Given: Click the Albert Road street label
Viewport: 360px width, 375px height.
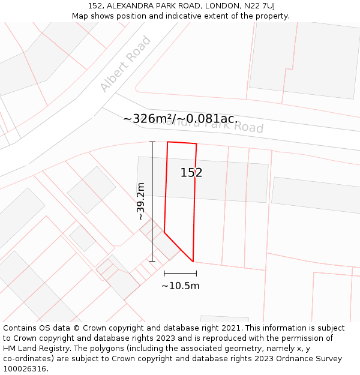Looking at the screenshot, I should (125, 64).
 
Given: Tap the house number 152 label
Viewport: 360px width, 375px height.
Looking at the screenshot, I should (191, 173).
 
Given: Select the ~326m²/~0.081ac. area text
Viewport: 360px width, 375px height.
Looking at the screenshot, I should (181, 119).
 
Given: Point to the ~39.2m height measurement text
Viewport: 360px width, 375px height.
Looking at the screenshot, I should (141, 202).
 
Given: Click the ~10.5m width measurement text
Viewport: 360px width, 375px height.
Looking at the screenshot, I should (180, 286).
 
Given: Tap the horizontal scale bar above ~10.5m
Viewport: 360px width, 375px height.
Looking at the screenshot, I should (180, 274).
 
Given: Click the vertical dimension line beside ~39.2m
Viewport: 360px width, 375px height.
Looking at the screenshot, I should (152, 202).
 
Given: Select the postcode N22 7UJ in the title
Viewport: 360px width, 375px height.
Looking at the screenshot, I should (258, 5).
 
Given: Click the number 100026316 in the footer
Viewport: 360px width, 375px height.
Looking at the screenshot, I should (25, 368).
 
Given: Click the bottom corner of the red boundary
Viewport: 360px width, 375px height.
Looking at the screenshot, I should (193, 262).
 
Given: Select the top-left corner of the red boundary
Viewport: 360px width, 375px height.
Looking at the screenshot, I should (167, 142).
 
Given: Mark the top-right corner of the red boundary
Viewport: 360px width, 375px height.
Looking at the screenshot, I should (196, 144).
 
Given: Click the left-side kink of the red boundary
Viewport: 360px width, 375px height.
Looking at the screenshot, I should (164, 232).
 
